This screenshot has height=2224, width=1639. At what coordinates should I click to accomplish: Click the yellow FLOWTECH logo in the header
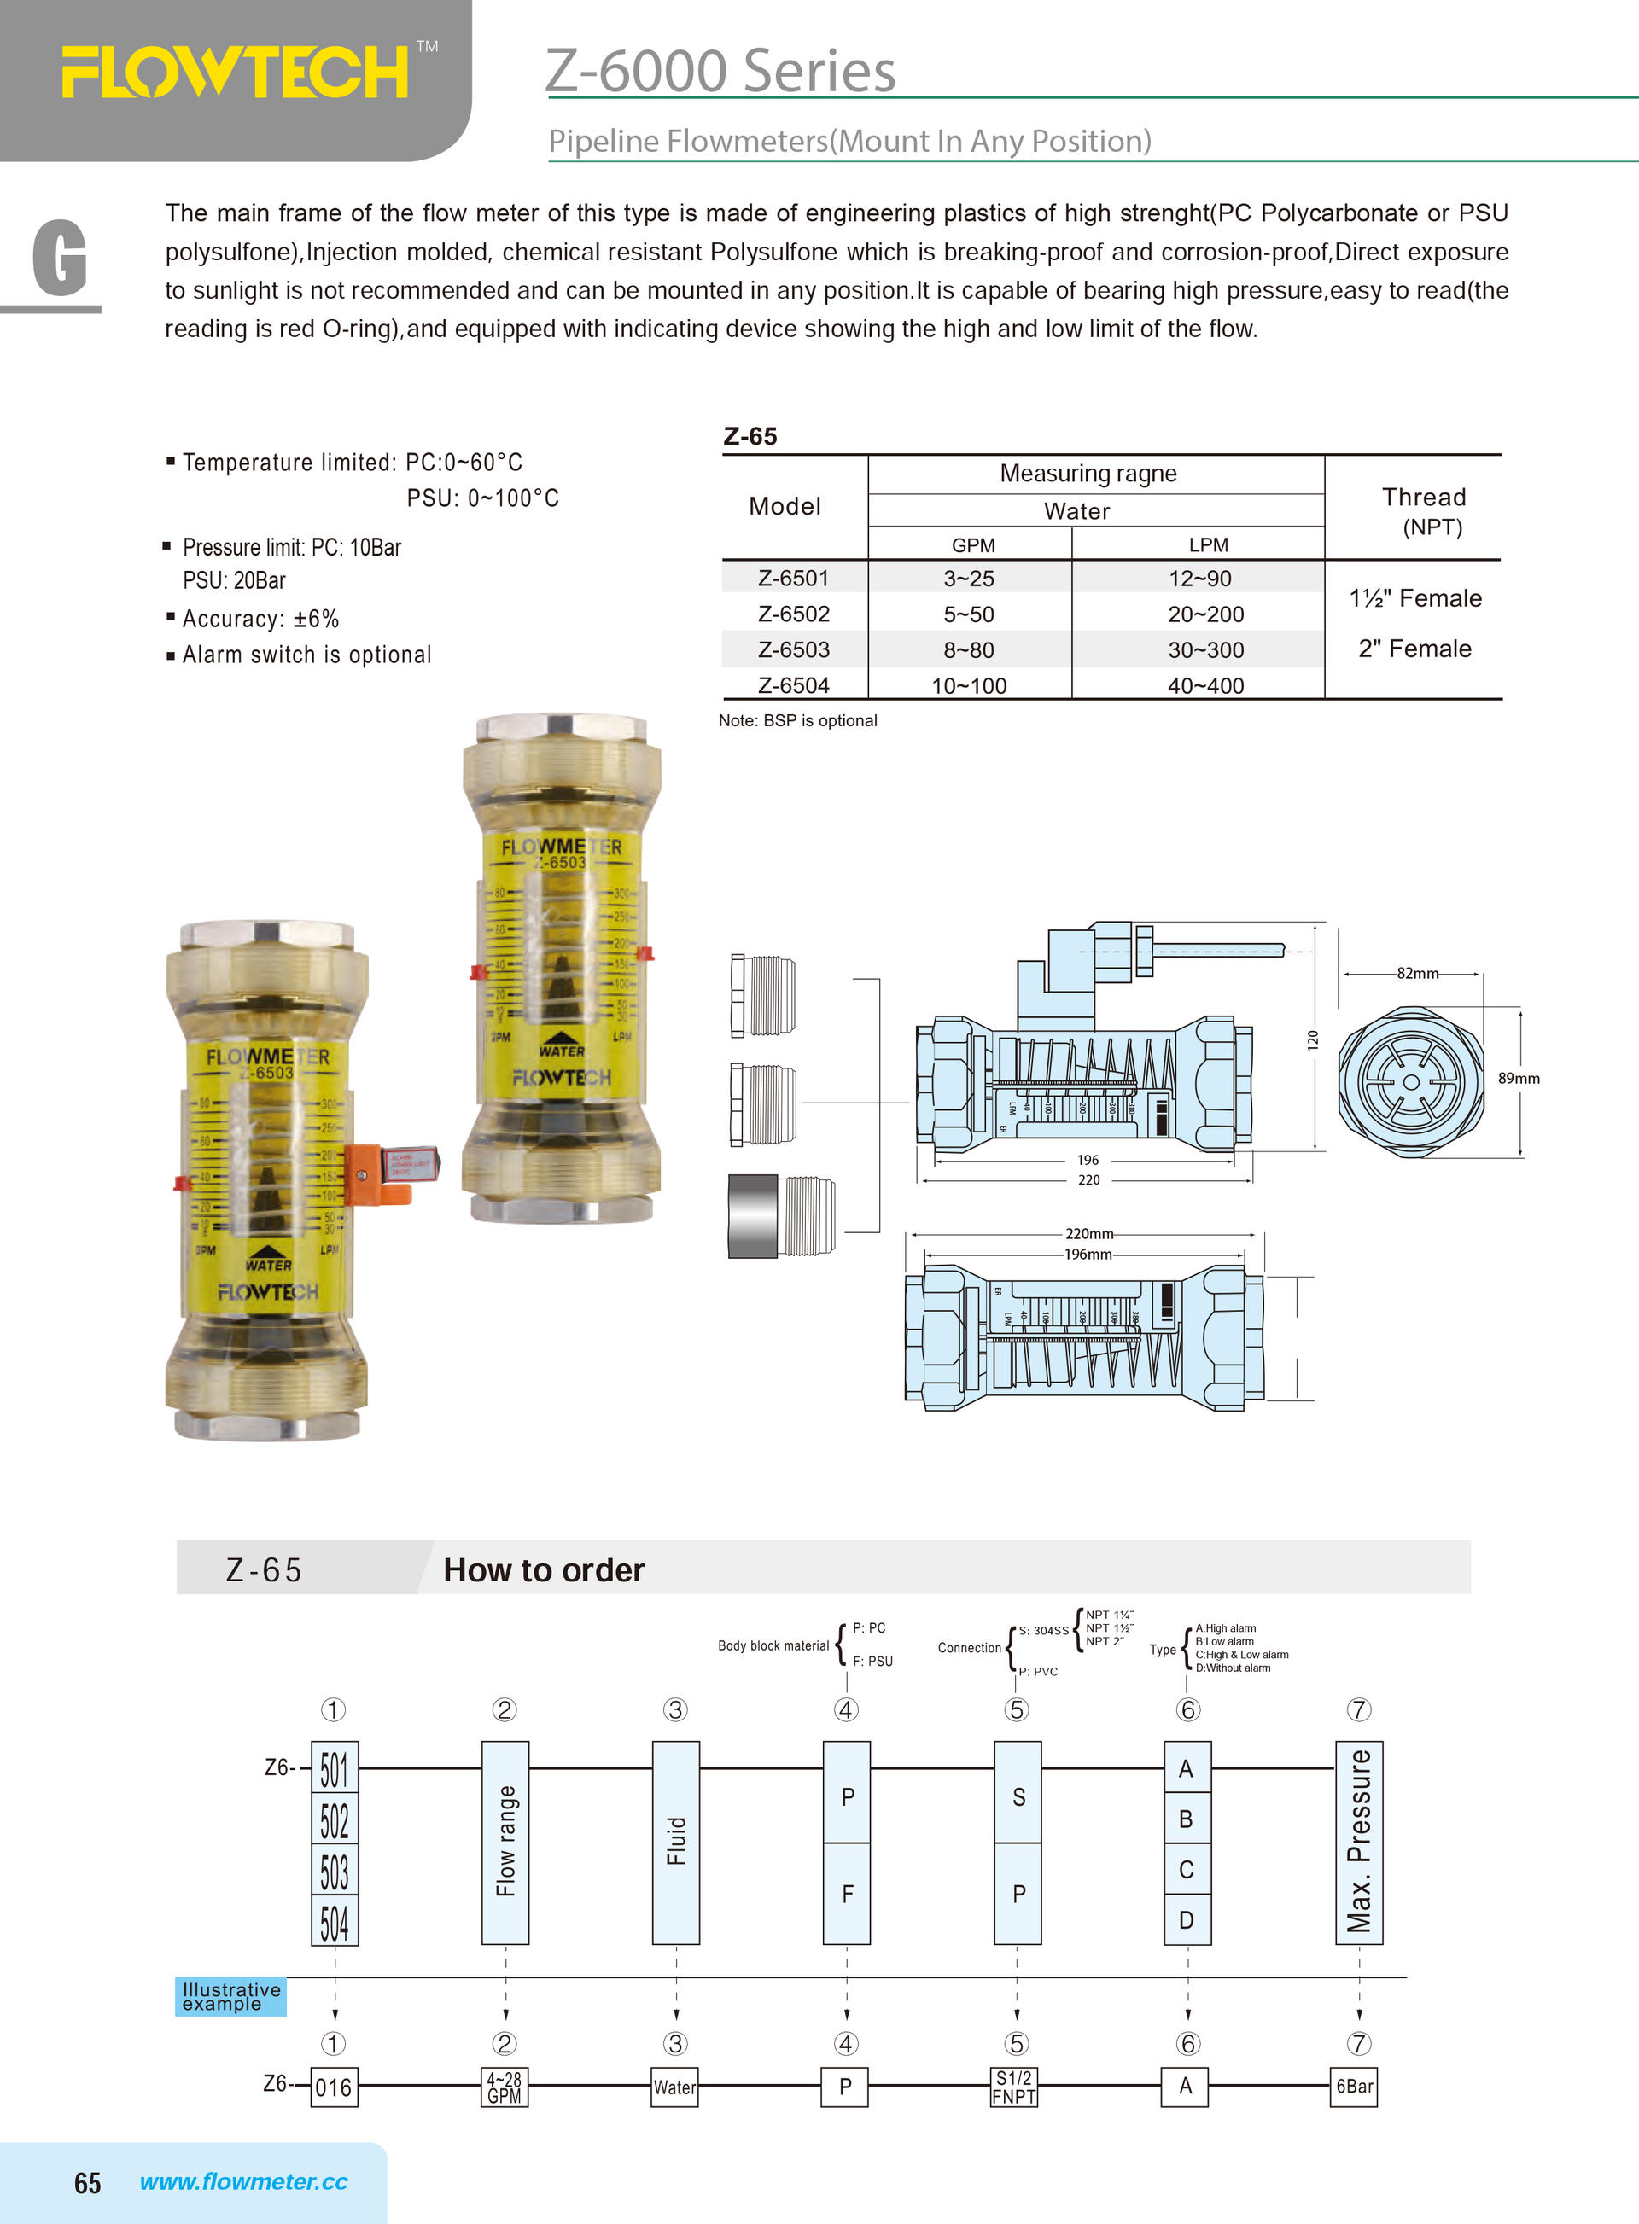click(x=235, y=73)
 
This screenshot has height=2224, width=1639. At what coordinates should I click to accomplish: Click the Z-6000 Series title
click(x=720, y=72)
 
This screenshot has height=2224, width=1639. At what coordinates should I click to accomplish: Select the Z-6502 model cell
click(x=793, y=614)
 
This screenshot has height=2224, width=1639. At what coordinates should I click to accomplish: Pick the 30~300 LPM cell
click(x=1205, y=649)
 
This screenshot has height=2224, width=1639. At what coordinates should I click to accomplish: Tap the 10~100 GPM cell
click(x=968, y=685)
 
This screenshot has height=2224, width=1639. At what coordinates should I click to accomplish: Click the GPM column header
click(x=972, y=544)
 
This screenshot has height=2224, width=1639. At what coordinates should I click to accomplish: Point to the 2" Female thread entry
click(x=1414, y=649)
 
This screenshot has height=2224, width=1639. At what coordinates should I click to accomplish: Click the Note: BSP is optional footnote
click(x=797, y=720)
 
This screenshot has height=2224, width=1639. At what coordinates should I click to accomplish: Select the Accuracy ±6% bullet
click(x=260, y=619)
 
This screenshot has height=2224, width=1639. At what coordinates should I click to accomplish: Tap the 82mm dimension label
click(x=1417, y=973)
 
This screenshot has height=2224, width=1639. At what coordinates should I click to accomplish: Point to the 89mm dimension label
click(x=1518, y=1078)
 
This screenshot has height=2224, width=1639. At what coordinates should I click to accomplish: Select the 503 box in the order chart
click(x=335, y=1872)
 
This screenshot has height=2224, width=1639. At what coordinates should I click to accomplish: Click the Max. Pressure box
click(x=1358, y=1841)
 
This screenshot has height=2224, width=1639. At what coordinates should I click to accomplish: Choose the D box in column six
click(x=1187, y=1919)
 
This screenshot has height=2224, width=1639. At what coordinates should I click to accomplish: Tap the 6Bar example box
click(x=1354, y=2086)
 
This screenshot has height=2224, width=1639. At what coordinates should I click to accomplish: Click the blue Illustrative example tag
click(x=231, y=1996)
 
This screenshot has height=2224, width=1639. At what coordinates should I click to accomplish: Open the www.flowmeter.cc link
click(x=243, y=2181)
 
